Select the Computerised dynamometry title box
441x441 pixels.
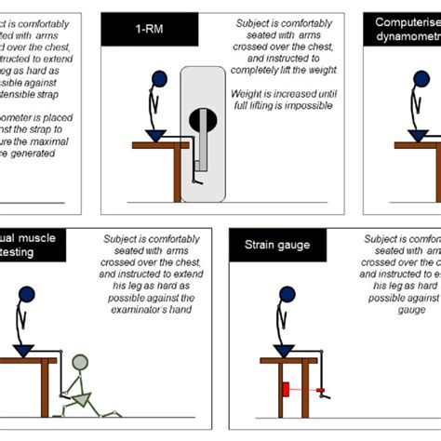click(x=406, y=31)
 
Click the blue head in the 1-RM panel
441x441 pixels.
click(x=159, y=79)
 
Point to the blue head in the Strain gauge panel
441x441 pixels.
click(x=285, y=295)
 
